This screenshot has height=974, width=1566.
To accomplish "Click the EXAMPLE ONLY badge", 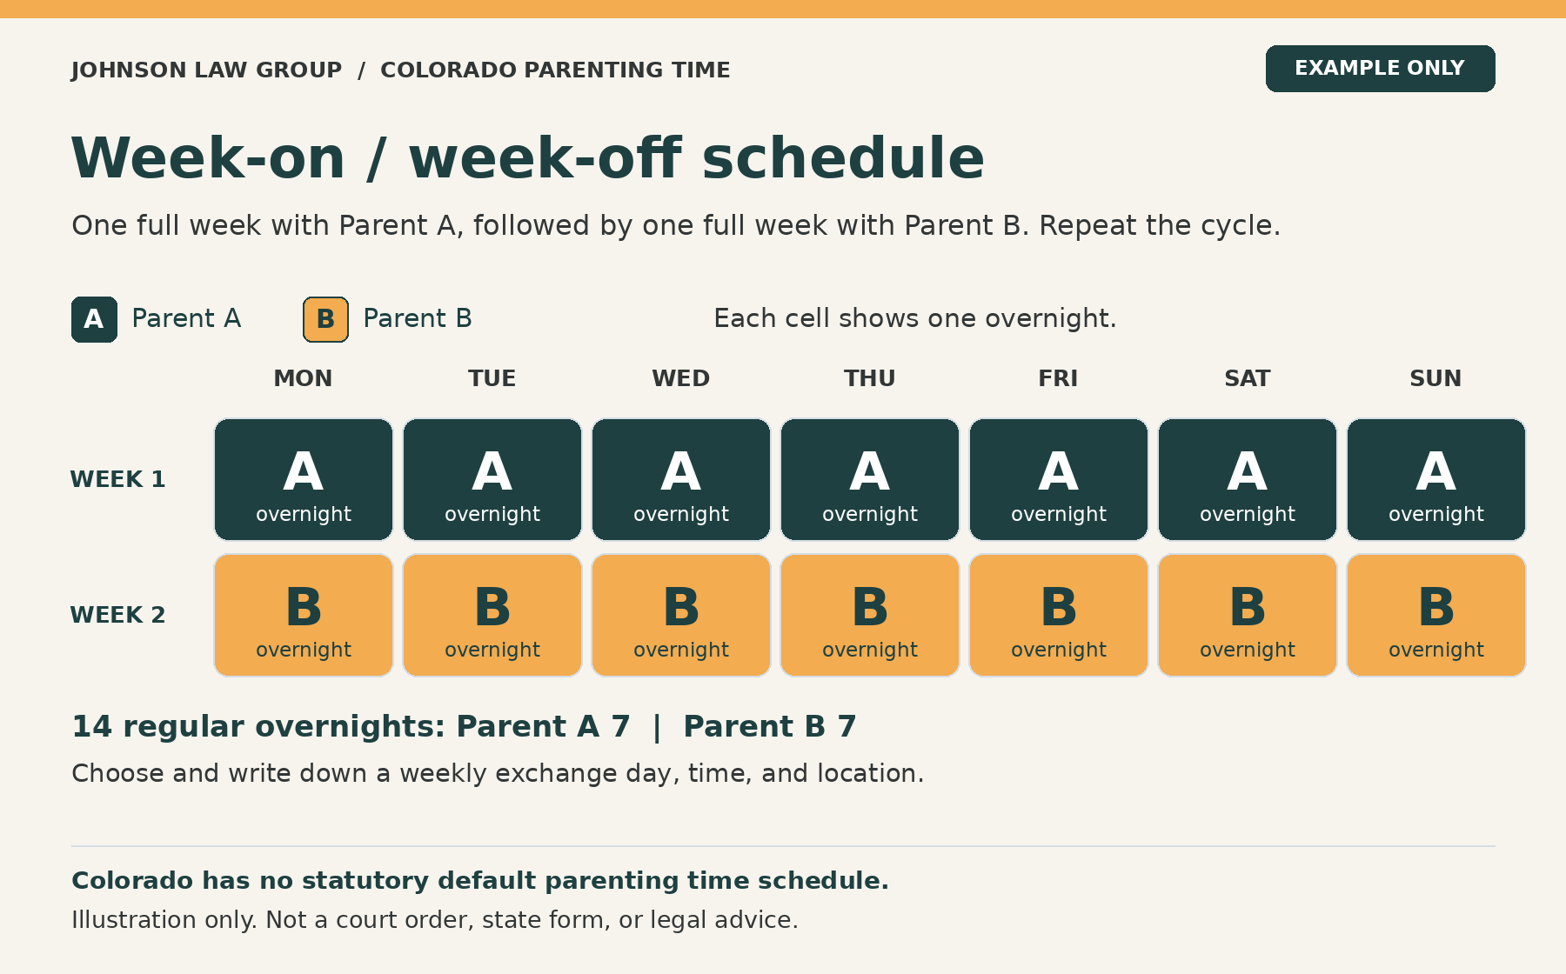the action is tap(1380, 69).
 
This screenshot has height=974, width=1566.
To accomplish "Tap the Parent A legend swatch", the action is tap(94, 319).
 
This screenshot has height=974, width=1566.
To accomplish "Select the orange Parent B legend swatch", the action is tap(325, 319).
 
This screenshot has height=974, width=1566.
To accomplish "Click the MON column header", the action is tap(303, 378).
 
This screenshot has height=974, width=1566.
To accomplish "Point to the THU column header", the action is tap(869, 378).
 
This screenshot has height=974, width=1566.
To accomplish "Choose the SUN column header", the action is tap(1435, 378).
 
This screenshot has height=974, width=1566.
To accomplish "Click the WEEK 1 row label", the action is tap(117, 479).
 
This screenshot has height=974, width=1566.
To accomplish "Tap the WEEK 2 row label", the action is tap(117, 615).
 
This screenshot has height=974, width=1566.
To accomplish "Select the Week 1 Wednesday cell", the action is tap(681, 479).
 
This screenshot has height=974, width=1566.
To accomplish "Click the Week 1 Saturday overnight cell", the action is tap(1248, 479).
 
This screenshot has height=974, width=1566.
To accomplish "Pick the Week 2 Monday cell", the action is tap(304, 615).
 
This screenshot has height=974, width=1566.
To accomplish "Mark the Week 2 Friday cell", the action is tap(1059, 615).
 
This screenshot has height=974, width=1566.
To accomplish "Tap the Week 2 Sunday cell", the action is tap(1436, 615).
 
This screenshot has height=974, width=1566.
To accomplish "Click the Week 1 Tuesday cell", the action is tap(492, 479).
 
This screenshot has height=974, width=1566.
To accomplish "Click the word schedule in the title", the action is tap(843, 158).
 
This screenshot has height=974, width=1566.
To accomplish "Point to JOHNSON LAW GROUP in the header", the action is tap(207, 70).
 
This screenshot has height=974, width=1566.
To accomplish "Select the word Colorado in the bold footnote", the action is tap(133, 880).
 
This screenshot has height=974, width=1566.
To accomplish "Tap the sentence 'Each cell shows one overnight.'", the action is tap(914, 318).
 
